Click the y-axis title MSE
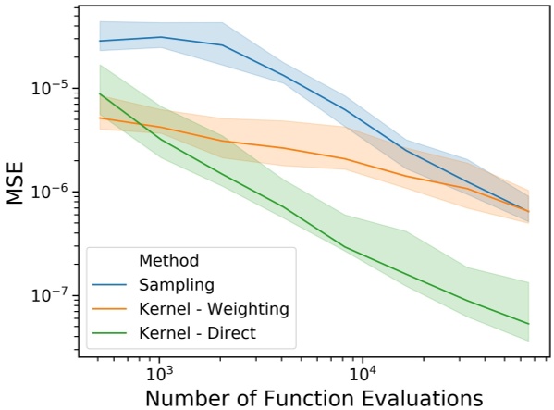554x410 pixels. [17, 183]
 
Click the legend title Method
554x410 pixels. [168, 260]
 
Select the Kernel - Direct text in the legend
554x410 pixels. [197, 330]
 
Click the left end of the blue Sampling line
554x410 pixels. [99, 41]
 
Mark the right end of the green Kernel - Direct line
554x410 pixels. [529, 324]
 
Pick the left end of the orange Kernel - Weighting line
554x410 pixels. [99, 118]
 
